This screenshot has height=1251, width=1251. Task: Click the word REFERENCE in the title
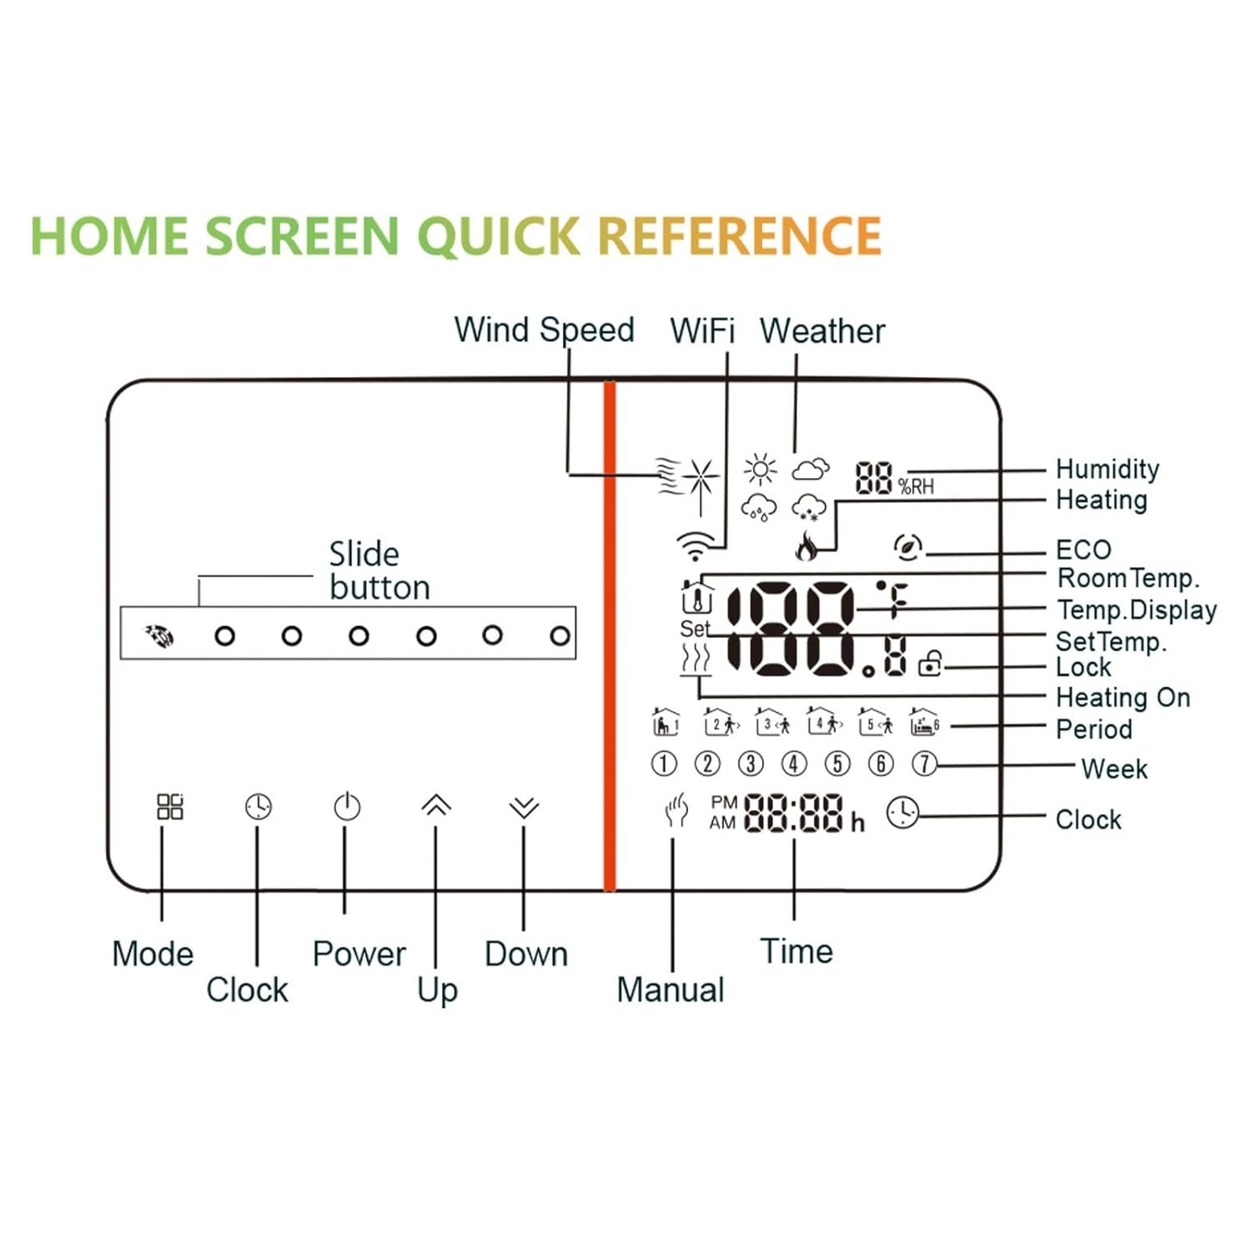pyautogui.click(x=740, y=235)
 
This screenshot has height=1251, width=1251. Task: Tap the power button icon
pyautogui.click(x=347, y=806)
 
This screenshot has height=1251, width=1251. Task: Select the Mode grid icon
pyautogui.click(x=170, y=806)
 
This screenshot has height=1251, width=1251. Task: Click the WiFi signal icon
pyautogui.click(x=696, y=546)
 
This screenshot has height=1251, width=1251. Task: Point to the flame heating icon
pyautogui.click(x=806, y=545)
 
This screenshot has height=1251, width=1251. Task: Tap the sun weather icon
pyautogui.click(x=760, y=470)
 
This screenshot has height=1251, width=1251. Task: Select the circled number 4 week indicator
pyautogui.click(x=794, y=763)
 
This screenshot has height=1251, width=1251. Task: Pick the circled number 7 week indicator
pyautogui.click(x=924, y=763)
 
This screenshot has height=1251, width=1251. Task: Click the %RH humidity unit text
pyautogui.click(x=916, y=486)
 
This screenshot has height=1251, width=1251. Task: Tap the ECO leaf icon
pyautogui.click(x=907, y=547)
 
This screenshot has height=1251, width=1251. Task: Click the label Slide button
pyautogui.click(x=379, y=570)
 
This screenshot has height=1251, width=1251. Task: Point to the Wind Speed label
pyautogui.click(x=544, y=330)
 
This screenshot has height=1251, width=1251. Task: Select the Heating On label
pyautogui.click(x=1123, y=697)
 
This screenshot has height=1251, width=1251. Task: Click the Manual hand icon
pyautogui.click(x=676, y=810)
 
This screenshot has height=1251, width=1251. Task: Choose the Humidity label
pyautogui.click(x=1108, y=469)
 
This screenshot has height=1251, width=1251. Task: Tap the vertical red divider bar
pyautogui.click(x=610, y=636)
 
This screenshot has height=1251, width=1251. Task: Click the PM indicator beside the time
pyautogui.click(x=724, y=802)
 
